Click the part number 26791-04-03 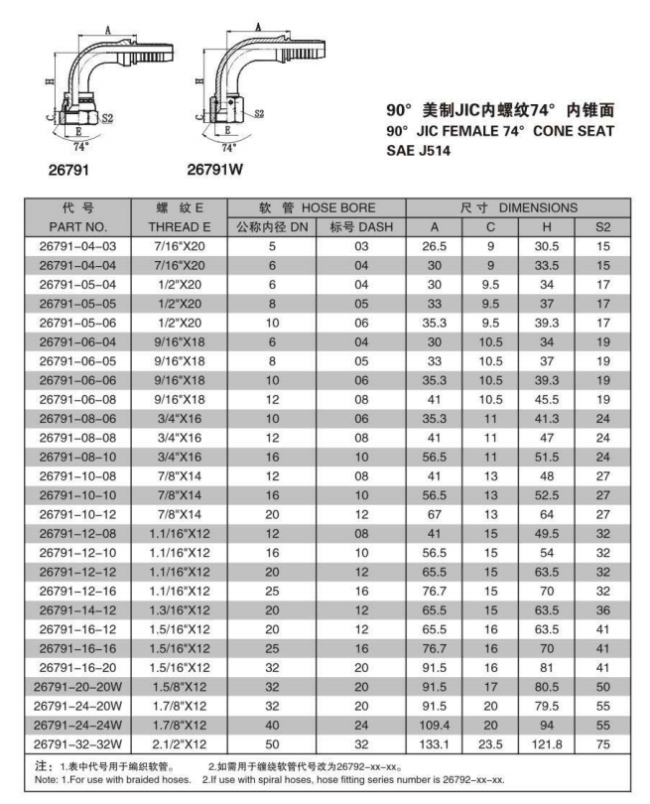point(77,245)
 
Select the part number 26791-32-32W point(77,743)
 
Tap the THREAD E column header point(182,226)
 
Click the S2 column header point(602,226)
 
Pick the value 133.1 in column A point(434,743)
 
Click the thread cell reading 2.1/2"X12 point(182,743)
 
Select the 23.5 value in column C point(489,743)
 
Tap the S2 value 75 point(602,743)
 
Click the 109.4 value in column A point(434,725)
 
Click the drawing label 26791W point(215,170)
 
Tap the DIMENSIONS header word point(538,207)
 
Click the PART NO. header point(77,226)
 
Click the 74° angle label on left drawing point(80,145)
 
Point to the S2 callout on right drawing point(259,114)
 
